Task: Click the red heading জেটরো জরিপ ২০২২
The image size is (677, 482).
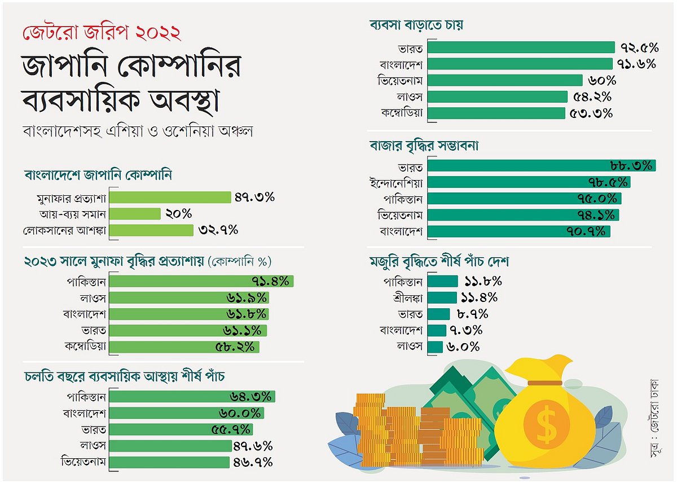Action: [102, 32]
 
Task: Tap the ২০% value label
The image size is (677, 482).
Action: [179, 214]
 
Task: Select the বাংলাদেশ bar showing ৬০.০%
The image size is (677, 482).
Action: [187, 413]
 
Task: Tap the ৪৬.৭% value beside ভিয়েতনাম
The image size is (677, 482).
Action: [253, 462]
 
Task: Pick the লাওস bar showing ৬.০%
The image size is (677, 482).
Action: [435, 347]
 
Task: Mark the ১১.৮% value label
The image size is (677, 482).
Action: [483, 281]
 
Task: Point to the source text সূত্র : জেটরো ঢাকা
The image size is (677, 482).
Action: [654, 417]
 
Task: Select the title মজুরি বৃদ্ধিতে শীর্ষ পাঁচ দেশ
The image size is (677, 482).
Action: [439, 262]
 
